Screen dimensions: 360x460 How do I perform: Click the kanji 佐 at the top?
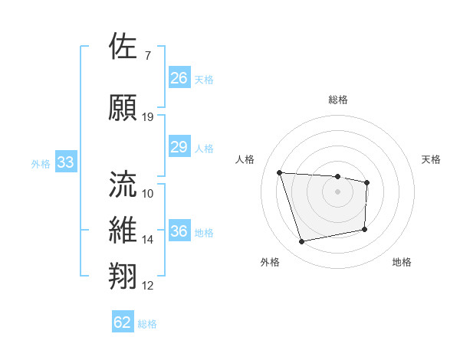point(123,47)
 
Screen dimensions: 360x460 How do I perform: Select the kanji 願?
point(123,107)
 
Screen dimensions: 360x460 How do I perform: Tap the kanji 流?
point(123,184)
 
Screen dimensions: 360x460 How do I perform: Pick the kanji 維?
point(123,231)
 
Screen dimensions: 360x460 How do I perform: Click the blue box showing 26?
point(179,77)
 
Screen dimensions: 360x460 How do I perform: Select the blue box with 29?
point(179,147)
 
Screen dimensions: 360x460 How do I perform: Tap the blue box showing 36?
point(179,231)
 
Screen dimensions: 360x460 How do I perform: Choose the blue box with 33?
point(65,162)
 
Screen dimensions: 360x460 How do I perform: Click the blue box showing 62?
point(123,322)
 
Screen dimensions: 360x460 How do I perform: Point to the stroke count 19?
point(148,117)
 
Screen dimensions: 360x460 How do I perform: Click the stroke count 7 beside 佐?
point(147,55)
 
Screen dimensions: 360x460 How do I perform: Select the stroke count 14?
point(148,240)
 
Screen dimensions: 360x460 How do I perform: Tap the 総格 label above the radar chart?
point(337,100)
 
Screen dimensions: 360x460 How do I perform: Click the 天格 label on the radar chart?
point(432,159)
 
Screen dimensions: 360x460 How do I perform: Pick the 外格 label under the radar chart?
point(270,262)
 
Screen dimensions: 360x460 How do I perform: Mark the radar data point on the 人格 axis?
point(280,172)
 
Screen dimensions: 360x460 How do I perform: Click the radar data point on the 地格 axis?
point(365,229)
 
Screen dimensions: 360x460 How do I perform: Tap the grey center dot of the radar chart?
point(337,191)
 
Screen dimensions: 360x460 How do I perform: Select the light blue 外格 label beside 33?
point(40,163)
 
